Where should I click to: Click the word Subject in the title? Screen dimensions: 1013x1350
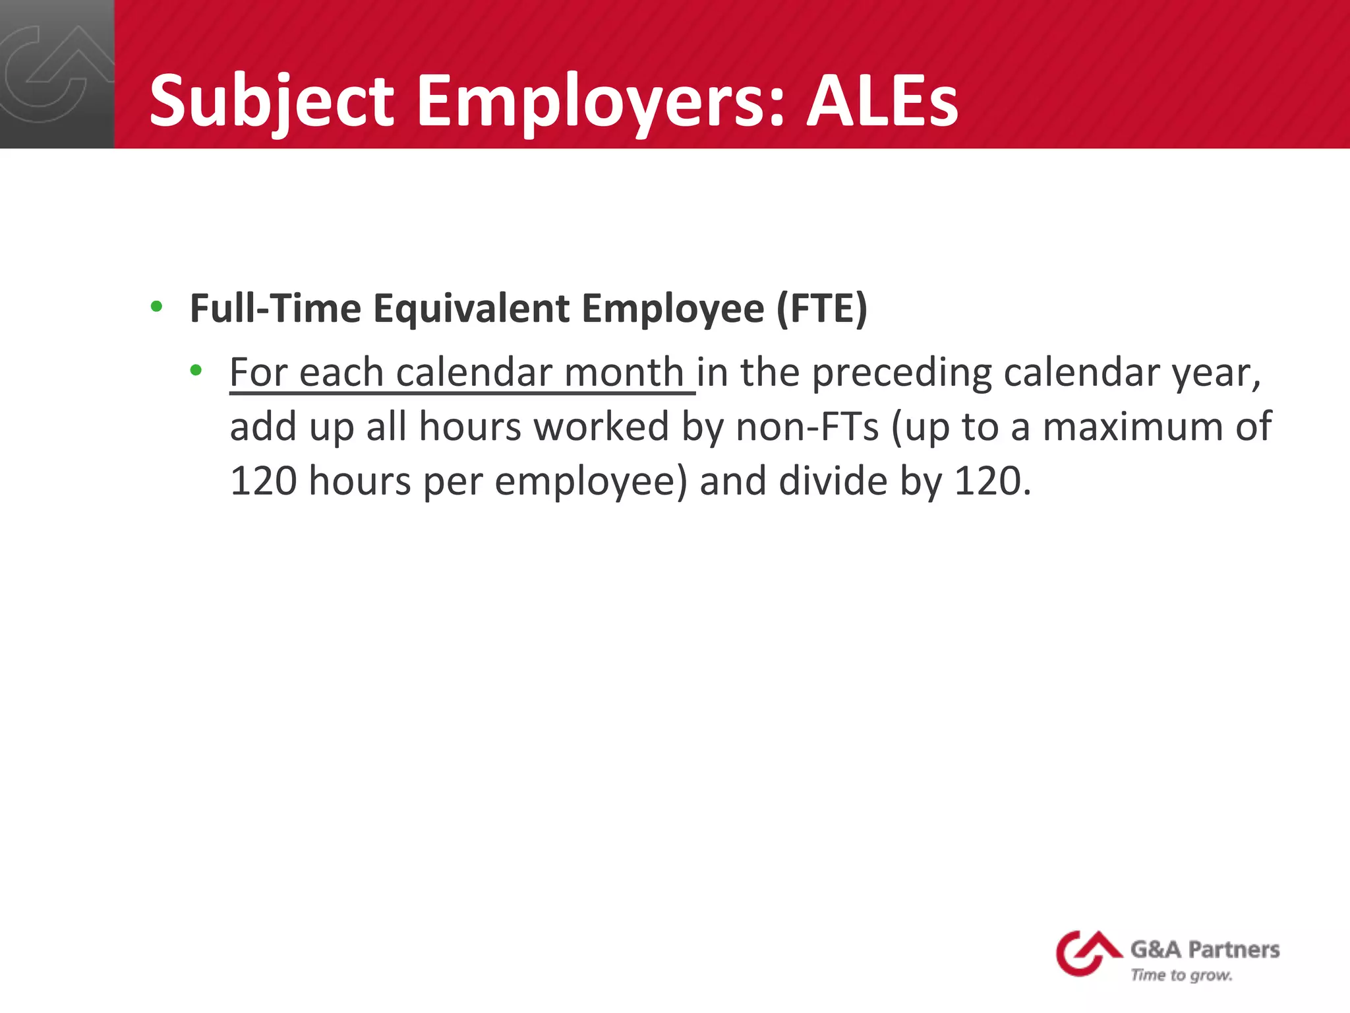click(271, 102)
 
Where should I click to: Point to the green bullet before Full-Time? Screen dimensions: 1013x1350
click(156, 307)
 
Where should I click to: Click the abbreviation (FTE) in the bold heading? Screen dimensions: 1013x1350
click(821, 308)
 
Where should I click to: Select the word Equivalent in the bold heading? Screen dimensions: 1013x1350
click(471, 308)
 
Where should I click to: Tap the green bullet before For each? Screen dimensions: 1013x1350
click(196, 371)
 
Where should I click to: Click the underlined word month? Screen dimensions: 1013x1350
click(624, 372)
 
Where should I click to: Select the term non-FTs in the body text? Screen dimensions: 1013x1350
click(807, 427)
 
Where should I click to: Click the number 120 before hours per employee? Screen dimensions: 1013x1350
click(263, 481)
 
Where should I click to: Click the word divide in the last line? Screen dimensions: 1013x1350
click(833, 481)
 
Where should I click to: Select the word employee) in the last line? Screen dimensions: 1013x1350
click(591, 482)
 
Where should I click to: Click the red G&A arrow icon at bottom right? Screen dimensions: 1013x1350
click(1086, 952)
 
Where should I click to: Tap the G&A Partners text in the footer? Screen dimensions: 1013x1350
click(1205, 950)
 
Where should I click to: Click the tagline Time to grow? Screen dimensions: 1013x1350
click(1181, 975)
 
